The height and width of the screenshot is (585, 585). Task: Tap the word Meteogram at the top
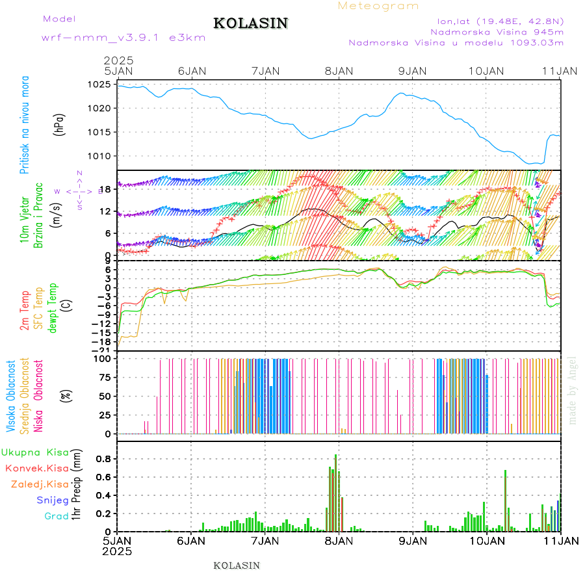(x=379, y=6)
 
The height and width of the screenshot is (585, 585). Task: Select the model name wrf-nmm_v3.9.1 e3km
(x=123, y=38)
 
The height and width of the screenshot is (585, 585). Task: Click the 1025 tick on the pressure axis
(x=101, y=84)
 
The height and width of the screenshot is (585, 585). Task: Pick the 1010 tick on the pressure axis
(x=101, y=156)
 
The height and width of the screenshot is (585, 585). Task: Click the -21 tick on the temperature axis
(x=107, y=350)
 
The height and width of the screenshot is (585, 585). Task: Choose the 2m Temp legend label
(x=25, y=311)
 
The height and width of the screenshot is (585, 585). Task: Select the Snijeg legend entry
(x=52, y=500)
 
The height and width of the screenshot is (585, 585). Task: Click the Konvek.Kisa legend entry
(x=36, y=468)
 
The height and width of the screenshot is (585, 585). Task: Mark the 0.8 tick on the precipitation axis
(x=103, y=459)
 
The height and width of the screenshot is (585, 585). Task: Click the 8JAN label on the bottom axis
(x=338, y=541)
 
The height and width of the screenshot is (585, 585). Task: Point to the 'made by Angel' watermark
(x=573, y=390)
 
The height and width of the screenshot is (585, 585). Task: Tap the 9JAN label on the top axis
(x=412, y=71)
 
